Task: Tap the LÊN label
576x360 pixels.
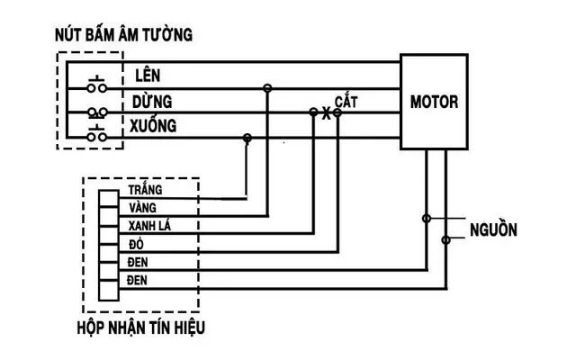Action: point(148,75)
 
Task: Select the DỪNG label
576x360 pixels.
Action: point(152,101)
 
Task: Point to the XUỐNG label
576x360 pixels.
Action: point(153,125)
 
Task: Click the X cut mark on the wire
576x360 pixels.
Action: point(326,112)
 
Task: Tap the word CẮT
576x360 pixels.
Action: point(346,101)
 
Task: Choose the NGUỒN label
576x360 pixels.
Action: point(493,229)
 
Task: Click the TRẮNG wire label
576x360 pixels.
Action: point(145,190)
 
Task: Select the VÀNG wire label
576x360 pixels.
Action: point(142,208)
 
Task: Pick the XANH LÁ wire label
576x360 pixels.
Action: point(149,225)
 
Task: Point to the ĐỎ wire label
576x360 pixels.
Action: point(136,244)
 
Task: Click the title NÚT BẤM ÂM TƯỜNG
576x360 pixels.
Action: point(124,34)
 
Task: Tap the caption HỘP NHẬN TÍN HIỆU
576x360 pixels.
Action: point(141,328)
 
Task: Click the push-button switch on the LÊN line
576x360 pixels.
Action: point(97,86)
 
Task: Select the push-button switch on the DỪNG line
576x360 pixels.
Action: point(97,112)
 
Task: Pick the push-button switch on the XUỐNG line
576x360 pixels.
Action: point(97,134)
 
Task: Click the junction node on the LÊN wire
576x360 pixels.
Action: point(267,88)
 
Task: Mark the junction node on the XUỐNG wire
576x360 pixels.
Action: point(247,138)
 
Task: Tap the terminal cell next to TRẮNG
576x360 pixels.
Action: point(109,199)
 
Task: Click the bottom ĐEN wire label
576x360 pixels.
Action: point(137,280)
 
